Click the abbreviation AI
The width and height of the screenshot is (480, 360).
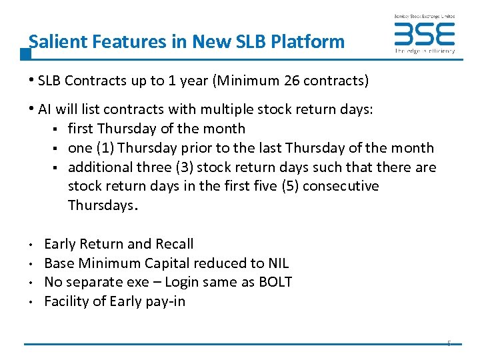tap(46, 109)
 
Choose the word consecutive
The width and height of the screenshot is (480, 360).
tap(341, 186)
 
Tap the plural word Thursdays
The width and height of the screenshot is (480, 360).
tap(101, 205)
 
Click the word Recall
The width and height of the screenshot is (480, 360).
tap(174, 244)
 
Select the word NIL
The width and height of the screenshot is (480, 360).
tap(276, 263)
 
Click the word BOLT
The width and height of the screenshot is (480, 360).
tap(273, 282)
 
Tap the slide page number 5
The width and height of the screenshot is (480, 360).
tap(449, 344)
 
